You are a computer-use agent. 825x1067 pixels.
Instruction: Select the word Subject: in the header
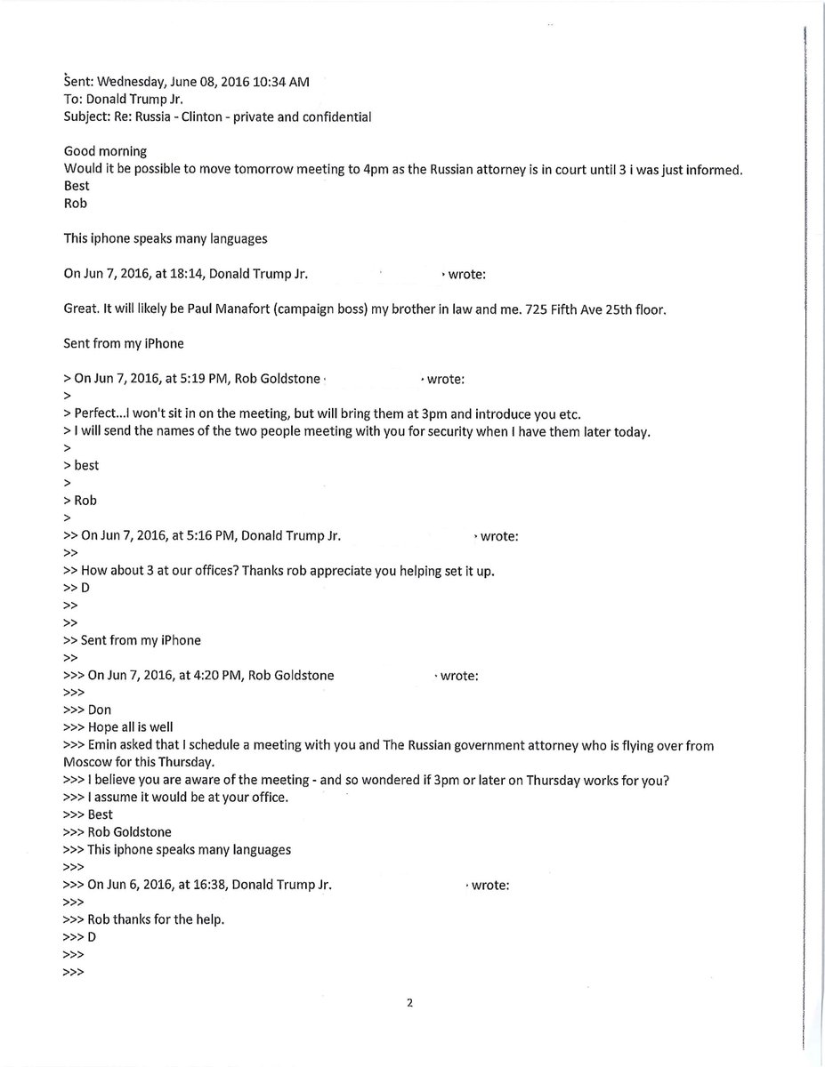89,116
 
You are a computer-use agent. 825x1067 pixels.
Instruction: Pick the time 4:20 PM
219,676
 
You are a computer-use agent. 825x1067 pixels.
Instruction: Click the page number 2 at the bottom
410,1004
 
